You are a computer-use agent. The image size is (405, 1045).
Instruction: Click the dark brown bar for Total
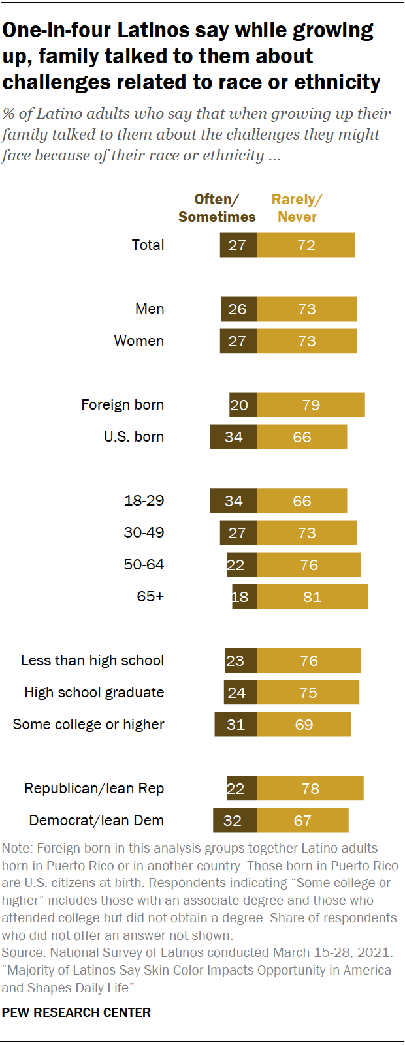point(238,245)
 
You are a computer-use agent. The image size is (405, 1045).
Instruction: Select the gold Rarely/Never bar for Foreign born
point(310,405)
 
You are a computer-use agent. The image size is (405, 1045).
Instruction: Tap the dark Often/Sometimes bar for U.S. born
point(233,437)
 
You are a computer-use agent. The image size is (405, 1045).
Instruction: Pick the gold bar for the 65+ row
point(312,597)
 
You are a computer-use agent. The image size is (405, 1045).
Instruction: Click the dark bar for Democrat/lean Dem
point(235,821)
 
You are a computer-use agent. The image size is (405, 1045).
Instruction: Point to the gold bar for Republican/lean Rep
point(310,789)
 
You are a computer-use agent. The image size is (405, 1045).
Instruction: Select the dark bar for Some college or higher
point(235,725)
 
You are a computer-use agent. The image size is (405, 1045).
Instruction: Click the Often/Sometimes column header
point(217,208)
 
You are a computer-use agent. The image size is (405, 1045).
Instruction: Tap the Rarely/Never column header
point(297,208)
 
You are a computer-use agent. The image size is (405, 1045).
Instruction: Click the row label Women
point(138,341)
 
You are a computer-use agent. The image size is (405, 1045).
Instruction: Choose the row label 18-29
point(144,501)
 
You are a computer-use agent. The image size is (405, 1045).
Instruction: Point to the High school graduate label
point(94,693)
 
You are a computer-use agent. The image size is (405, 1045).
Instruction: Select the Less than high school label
point(92,661)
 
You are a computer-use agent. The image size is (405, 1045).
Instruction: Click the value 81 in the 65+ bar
point(312,597)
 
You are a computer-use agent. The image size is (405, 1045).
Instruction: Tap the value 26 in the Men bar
point(237,309)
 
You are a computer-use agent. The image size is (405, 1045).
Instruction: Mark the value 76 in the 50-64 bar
point(309,565)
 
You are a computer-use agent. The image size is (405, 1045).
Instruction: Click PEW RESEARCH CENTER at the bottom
point(76,1012)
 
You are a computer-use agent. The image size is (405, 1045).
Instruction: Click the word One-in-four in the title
point(57,31)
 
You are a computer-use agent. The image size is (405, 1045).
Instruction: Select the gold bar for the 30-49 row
point(306,533)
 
